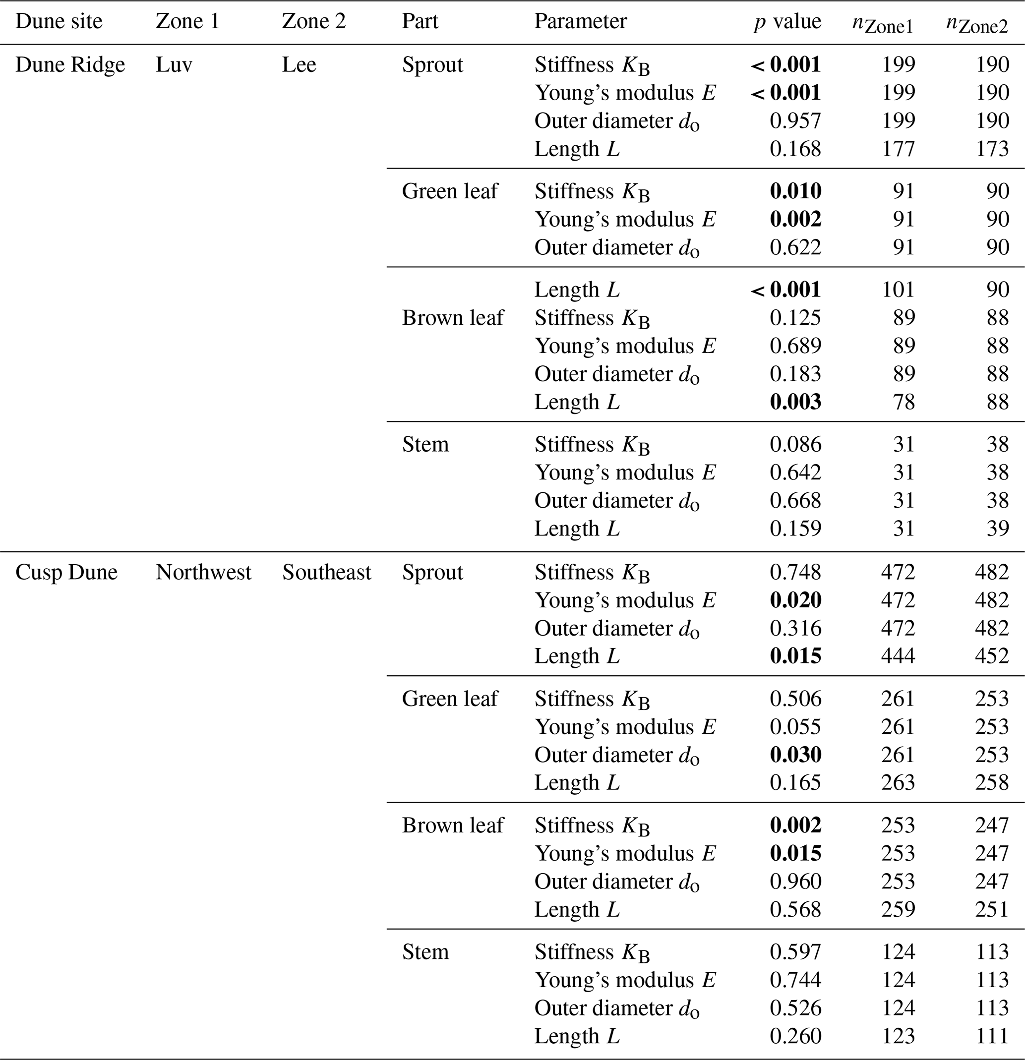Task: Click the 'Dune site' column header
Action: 59,22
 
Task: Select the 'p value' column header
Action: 787,22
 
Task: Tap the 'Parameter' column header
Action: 580,22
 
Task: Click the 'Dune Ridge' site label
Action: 70,65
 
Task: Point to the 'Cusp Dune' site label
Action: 66,572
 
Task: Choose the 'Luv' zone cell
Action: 174,65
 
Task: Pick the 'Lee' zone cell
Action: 299,65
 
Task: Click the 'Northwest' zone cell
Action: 203,572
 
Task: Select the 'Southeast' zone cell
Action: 327,572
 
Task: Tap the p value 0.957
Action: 795,121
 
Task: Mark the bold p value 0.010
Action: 795,191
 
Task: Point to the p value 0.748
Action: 795,572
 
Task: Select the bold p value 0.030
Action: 795,755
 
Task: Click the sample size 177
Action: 898,149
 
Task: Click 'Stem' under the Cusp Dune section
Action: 425,952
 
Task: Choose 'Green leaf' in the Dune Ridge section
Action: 449,191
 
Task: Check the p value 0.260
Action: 795,1036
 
